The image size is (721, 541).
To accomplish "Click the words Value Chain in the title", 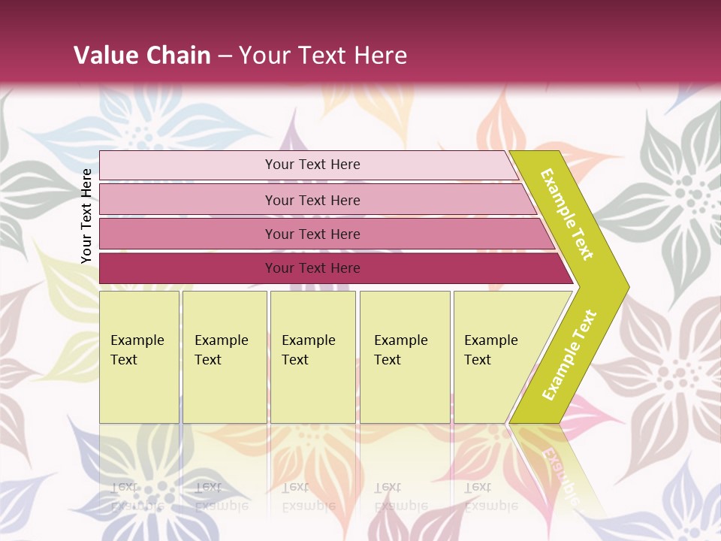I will (142, 56).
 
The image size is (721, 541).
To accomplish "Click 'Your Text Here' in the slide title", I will (323, 56).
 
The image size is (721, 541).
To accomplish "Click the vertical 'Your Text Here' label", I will (86, 216).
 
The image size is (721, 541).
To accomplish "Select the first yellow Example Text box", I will (139, 357).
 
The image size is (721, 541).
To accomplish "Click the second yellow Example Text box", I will (225, 357).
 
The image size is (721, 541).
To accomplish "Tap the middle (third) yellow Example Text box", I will (312, 357).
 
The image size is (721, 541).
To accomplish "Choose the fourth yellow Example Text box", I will (405, 357).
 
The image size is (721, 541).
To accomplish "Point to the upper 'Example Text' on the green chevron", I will (567, 214).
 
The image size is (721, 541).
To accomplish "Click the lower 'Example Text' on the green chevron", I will (569, 355).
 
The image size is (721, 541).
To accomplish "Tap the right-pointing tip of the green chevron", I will (625, 286).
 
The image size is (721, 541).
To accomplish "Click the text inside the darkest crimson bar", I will (312, 268).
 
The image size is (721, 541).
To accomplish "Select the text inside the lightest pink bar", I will (312, 165).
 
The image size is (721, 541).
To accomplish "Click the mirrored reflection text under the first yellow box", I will (137, 497).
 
